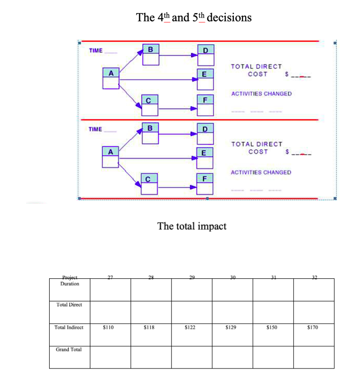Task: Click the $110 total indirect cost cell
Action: [x=110, y=327]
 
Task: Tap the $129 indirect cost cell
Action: [x=231, y=327]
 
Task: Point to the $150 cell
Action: [x=272, y=327]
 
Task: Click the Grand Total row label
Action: [x=69, y=349]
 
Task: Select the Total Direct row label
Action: [x=69, y=305]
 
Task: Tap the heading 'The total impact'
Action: [x=192, y=226]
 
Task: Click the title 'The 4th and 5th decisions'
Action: [x=194, y=18]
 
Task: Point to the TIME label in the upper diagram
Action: [x=96, y=51]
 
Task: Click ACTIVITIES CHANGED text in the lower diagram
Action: [x=261, y=172]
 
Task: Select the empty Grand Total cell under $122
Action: [x=191, y=356]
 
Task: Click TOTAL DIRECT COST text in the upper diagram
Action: [x=257, y=70]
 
